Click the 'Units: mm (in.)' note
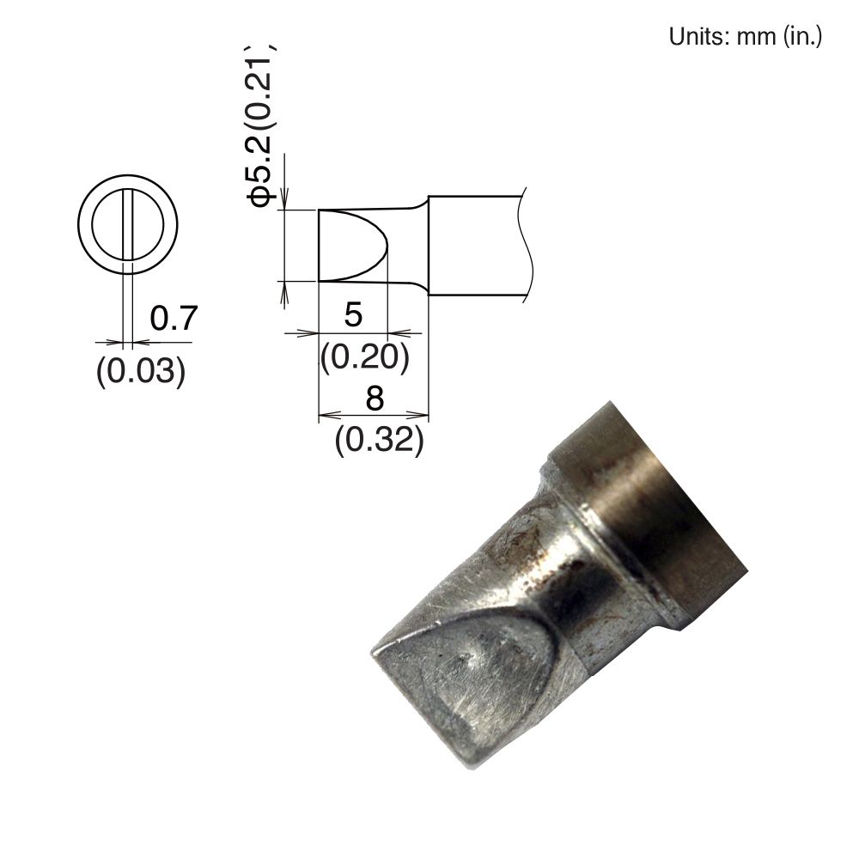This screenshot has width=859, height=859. [x=745, y=38]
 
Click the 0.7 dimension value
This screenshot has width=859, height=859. [x=174, y=319]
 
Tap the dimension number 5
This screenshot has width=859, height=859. [x=352, y=314]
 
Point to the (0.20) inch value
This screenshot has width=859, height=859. [x=363, y=356]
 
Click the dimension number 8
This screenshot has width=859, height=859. [x=374, y=399]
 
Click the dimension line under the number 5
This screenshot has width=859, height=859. [x=352, y=332]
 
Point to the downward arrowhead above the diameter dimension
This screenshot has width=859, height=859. [x=284, y=200]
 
